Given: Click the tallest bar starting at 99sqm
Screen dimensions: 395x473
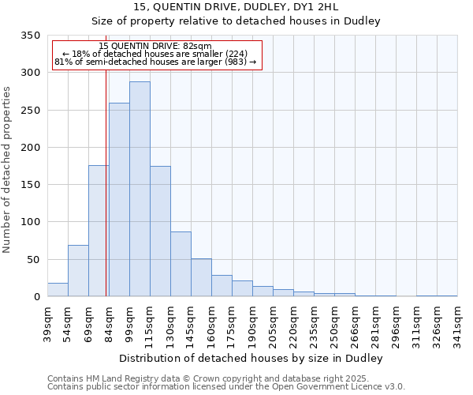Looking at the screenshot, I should pyautogui.click(x=140, y=190).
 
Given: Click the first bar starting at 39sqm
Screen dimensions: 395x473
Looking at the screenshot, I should pyautogui.click(x=58, y=290).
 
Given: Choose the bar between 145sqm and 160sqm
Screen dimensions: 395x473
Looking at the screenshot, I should pyautogui.click(x=201, y=277).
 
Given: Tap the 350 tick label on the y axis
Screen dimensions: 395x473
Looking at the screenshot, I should pyautogui.click(x=30, y=36).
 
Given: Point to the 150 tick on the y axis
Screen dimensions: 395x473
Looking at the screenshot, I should pyautogui.click(x=30, y=185).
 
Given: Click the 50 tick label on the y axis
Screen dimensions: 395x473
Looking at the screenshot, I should pyautogui.click(x=33, y=259).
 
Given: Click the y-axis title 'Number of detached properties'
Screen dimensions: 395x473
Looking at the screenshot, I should pyautogui.click(x=7, y=170).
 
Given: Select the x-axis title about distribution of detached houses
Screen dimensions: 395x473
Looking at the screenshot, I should pyautogui.click(x=251, y=359).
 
